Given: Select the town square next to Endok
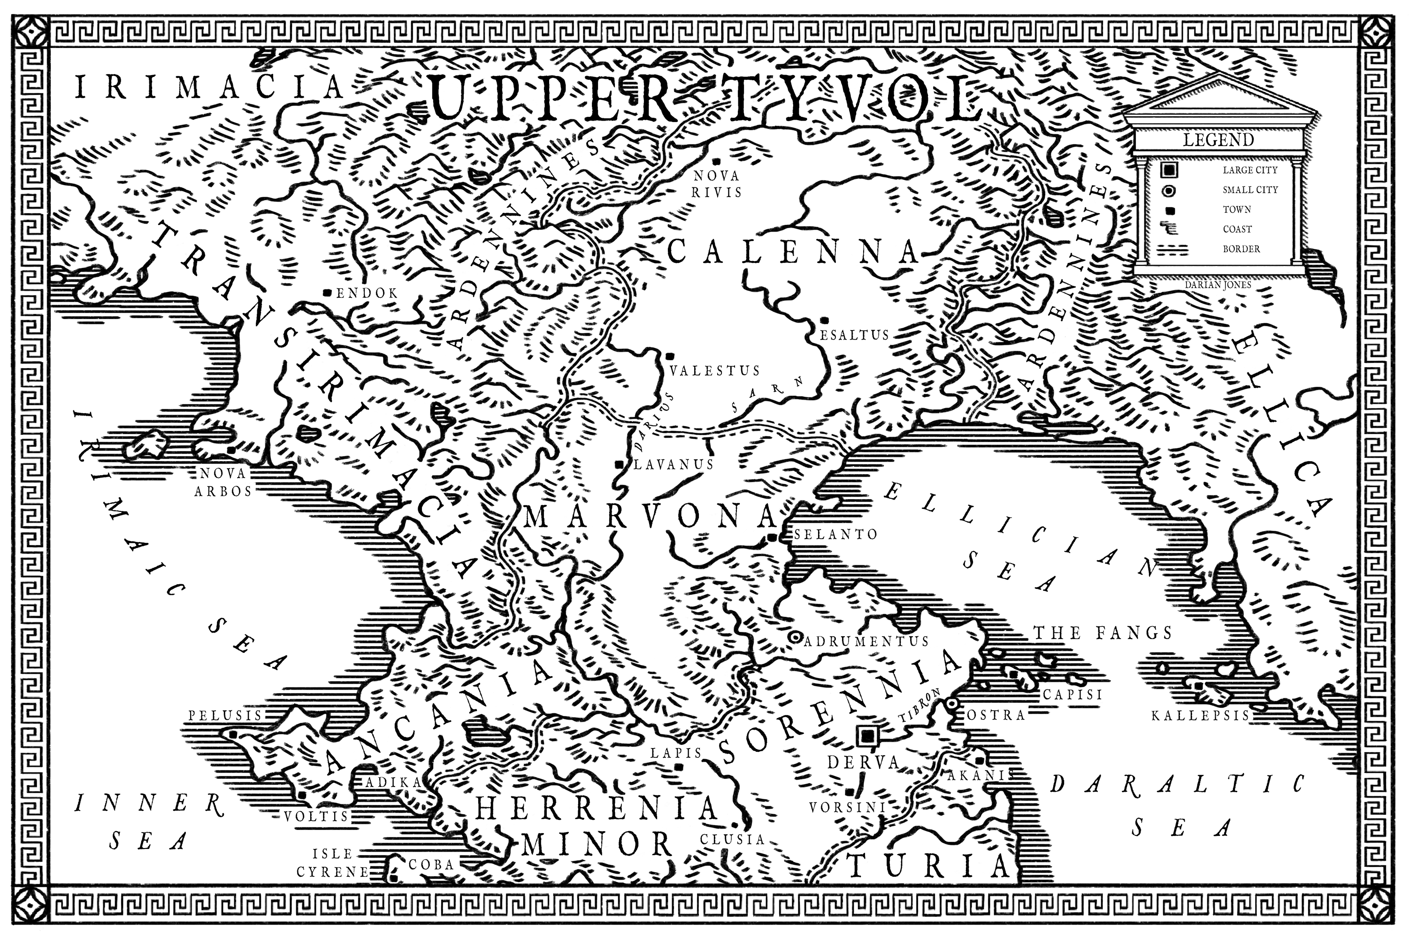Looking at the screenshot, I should click(327, 293).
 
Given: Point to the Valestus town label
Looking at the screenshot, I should click(714, 371).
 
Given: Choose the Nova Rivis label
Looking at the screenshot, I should click(717, 184).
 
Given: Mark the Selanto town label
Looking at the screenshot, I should click(835, 534).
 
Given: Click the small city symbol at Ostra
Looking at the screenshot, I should click(952, 703).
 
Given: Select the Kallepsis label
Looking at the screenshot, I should click(1200, 715).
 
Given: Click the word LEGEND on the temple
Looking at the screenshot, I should click(1218, 140).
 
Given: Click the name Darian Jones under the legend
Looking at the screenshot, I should click(1218, 285).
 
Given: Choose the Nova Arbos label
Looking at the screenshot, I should click(223, 482).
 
